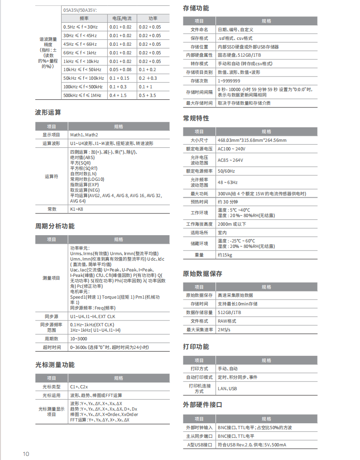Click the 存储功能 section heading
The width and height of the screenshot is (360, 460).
pyautogui.click(x=196, y=8)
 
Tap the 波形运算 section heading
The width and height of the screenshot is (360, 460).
pyautogui.click(x=48, y=112)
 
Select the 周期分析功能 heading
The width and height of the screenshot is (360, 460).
pyautogui.click(x=55, y=226)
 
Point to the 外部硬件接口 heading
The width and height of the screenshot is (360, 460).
pyautogui.click(x=202, y=404)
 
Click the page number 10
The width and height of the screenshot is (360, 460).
pyautogui.click(x=26, y=454)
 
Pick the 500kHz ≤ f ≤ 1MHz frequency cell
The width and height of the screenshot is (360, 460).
pyautogui.click(x=83, y=95)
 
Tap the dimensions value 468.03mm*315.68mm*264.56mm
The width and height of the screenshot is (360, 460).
pyautogui.click(x=252, y=140)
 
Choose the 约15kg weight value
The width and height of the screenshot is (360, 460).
pyautogui.click(x=225, y=255)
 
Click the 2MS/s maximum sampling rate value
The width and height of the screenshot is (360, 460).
pyautogui.click(x=224, y=329)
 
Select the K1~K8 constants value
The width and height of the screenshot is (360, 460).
pyautogui.click(x=77, y=209)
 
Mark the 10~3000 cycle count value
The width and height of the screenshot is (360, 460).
pyautogui.click(x=79, y=339)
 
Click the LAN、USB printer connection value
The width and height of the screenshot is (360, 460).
pyautogui.click(x=227, y=388)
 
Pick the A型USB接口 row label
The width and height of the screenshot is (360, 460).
pyautogui.click(x=199, y=445)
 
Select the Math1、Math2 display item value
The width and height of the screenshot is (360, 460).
pyautogui.click(x=84, y=135)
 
